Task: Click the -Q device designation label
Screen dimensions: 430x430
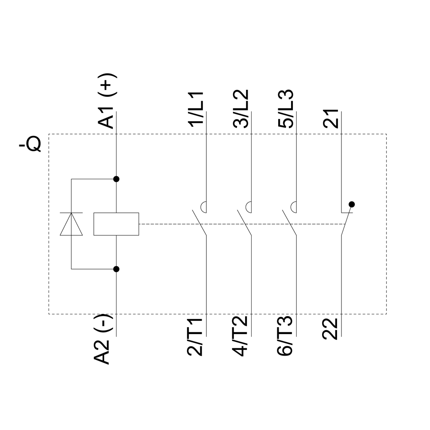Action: pos(30,145)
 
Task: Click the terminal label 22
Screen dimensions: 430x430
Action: pos(332,328)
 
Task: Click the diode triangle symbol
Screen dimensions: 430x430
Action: pos(71,224)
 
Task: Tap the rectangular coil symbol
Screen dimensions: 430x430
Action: pos(116,224)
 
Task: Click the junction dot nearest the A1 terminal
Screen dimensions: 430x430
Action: pos(116,178)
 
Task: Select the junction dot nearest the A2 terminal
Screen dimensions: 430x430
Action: pos(116,269)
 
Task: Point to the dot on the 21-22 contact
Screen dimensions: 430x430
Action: pos(352,204)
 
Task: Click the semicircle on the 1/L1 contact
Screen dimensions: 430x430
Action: pos(204,207)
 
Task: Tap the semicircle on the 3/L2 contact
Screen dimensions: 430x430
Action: pos(249,207)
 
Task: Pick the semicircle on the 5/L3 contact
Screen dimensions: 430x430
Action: pos(293,207)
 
